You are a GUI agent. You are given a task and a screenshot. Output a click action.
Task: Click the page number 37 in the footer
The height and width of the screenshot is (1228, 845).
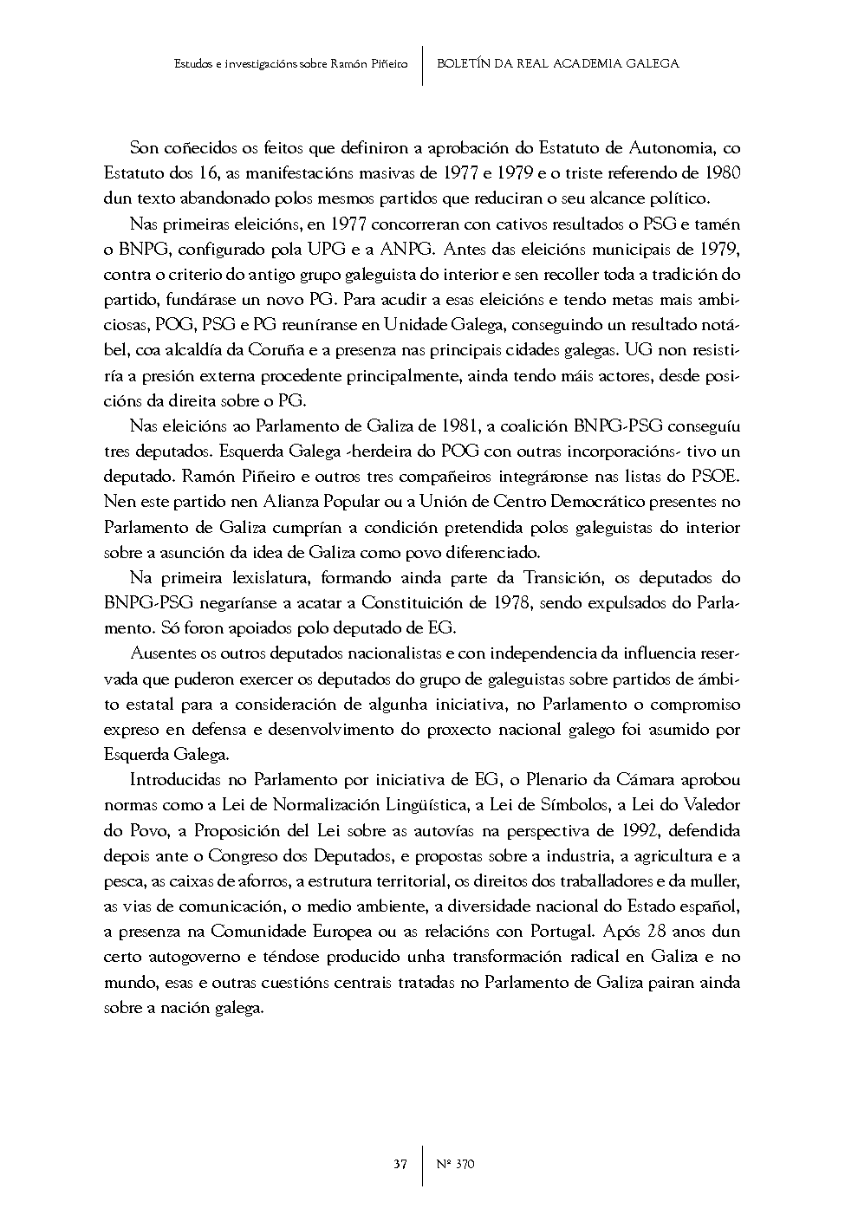pos(400,1164)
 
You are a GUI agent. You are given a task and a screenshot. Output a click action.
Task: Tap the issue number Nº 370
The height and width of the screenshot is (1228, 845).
pos(455,1164)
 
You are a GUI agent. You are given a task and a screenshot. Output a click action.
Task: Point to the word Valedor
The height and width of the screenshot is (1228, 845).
pos(710,805)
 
